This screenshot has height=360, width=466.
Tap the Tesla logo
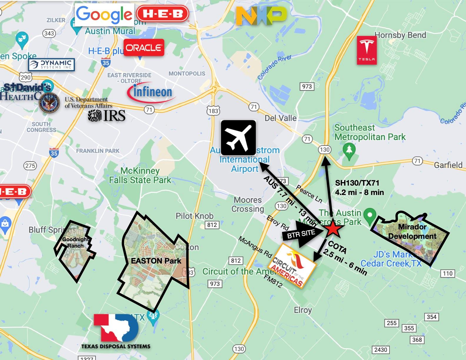(x=367, y=50)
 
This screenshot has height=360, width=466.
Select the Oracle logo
(x=144, y=48)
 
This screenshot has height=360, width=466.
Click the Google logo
(x=104, y=15)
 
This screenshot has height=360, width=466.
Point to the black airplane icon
(x=238, y=137)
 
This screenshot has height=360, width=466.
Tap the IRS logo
(x=107, y=116)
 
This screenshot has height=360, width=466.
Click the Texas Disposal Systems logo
(x=116, y=331)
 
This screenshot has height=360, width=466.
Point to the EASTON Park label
(x=156, y=261)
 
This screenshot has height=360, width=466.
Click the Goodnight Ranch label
(x=75, y=242)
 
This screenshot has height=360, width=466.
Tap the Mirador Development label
(x=412, y=231)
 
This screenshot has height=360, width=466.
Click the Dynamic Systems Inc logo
(x=52, y=64)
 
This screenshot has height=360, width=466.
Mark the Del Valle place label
(x=280, y=118)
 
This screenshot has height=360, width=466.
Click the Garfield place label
(x=448, y=165)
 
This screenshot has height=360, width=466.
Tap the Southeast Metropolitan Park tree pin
(x=349, y=150)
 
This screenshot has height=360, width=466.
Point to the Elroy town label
(x=303, y=310)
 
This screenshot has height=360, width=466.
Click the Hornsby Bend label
(x=400, y=35)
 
